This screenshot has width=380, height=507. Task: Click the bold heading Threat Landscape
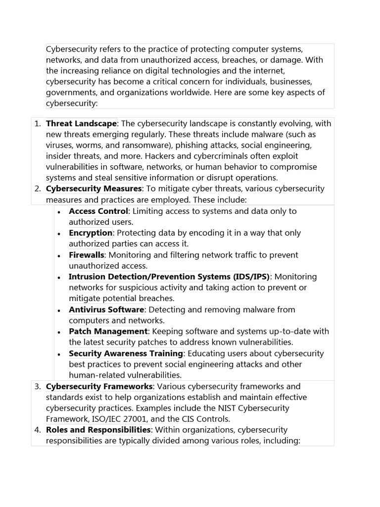click(x=81, y=123)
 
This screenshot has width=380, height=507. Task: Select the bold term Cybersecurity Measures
click(x=94, y=189)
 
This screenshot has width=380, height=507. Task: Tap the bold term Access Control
click(x=98, y=211)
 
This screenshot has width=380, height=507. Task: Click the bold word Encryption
click(x=91, y=233)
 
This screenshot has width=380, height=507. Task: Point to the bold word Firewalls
click(x=87, y=255)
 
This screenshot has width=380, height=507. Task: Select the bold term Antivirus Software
click(x=106, y=309)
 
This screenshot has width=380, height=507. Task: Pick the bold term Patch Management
click(x=108, y=331)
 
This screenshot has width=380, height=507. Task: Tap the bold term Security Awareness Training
click(x=126, y=354)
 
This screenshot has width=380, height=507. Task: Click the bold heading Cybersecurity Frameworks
click(x=99, y=386)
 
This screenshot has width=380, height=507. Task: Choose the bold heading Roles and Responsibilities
click(x=98, y=430)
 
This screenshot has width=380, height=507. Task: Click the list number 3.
click(x=38, y=386)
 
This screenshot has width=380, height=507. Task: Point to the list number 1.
click(x=38, y=123)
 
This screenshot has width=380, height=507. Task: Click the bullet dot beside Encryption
click(x=59, y=234)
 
